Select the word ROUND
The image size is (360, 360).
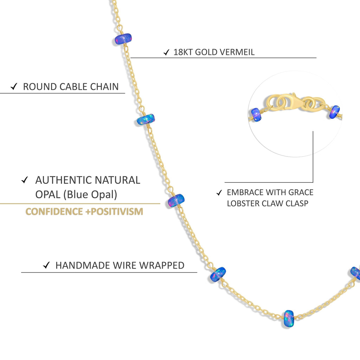(x=40, y=87)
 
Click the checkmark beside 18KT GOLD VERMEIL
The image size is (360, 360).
(x=166, y=53)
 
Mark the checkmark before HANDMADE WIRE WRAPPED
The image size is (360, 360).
(x=46, y=265)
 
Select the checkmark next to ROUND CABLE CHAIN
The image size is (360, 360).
(x=14, y=87)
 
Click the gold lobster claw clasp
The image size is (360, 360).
(x=292, y=102)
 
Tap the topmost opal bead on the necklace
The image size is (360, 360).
(x=123, y=39)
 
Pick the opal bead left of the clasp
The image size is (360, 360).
(x=256, y=115)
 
